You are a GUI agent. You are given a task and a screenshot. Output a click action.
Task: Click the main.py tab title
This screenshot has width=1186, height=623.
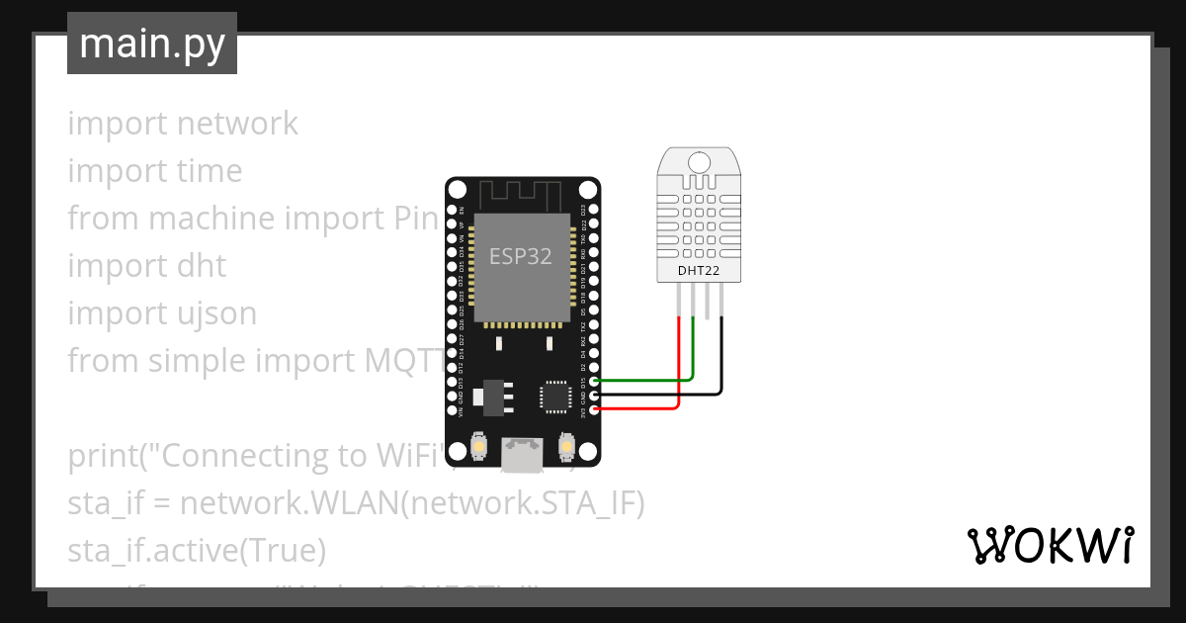coord(151,44)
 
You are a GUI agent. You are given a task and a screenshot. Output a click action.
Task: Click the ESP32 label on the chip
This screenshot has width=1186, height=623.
coord(521,256)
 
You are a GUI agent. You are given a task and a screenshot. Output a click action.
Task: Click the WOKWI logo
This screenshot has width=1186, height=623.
coord(1050,545)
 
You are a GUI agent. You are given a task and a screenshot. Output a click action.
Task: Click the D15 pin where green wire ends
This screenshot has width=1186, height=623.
coord(594,380)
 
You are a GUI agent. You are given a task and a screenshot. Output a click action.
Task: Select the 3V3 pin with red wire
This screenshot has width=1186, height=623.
coord(594,408)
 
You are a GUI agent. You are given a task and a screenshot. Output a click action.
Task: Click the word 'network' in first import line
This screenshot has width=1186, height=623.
coord(238,124)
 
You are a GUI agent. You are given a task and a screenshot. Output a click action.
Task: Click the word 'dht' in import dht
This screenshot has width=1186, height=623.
coord(201,266)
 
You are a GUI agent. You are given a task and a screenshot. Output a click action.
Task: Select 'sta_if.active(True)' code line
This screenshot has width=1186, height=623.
coord(197,550)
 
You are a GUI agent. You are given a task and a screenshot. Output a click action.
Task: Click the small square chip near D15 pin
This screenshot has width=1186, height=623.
coord(553,397)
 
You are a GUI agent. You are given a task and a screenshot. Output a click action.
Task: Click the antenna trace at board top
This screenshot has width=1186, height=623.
coord(522,193)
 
